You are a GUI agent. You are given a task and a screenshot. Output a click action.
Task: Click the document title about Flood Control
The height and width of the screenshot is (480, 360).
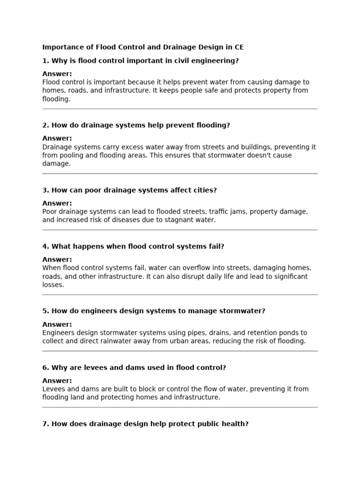coord(143,47)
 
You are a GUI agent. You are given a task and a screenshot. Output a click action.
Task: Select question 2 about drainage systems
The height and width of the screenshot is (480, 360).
coord(136,126)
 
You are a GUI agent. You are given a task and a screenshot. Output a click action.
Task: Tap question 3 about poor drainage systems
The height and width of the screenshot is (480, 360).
coord(129,190)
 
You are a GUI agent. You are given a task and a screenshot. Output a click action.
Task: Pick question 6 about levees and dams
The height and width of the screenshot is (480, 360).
coord(134,368)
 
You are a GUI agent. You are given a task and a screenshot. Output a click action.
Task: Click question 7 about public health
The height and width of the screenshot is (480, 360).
coord(145,424)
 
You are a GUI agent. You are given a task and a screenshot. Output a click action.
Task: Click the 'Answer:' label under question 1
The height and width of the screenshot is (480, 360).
coord(57,74)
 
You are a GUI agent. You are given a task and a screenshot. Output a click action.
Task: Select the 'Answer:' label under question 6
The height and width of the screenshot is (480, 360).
coord(57,381)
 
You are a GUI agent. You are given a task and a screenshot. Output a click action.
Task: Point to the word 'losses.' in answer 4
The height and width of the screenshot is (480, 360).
coord(53,285)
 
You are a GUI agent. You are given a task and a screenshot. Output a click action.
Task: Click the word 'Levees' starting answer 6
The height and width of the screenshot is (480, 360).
coord(54,389)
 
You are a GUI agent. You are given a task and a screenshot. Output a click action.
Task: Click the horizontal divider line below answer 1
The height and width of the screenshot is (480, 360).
coord(180,109)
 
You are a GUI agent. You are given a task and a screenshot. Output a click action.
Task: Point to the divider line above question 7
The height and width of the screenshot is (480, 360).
coord(180,407)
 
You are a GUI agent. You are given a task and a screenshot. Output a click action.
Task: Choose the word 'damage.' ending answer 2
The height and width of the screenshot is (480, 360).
coord(56,164)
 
